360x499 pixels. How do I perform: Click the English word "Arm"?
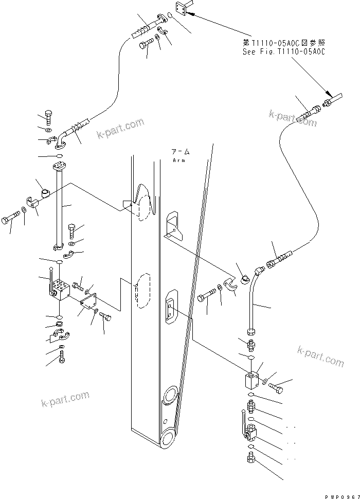click(179, 161)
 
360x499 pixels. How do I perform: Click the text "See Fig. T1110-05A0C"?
click(284, 51)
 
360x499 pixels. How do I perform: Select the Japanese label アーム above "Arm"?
click(180, 153)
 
